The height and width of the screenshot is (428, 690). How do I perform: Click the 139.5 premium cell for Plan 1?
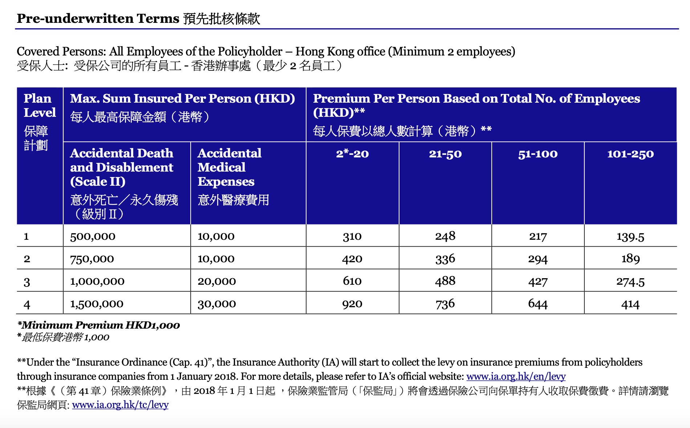(630, 236)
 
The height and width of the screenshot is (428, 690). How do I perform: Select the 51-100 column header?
(537, 154)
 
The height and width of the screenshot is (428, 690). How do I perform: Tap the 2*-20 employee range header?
(352, 154)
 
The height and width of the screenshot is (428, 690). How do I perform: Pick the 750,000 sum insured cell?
(92, 259)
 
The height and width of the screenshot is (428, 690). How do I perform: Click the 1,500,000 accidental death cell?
(97, 304)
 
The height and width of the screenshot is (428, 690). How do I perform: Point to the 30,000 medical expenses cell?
(217, 304)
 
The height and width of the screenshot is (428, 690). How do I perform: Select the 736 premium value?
(445, 304)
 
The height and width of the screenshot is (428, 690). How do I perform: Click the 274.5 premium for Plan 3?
(630, 281)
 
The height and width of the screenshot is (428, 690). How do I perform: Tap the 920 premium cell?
(352, 304)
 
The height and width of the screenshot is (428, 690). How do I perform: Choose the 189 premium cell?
(630, 259)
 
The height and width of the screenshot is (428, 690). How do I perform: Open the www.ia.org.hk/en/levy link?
(516, 376)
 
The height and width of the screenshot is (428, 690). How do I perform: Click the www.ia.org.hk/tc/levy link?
(120, 405)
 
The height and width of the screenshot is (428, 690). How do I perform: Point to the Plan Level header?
(39, 106)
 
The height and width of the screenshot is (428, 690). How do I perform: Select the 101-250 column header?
(630, 154)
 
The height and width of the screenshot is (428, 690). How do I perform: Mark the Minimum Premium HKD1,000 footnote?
(98, 325)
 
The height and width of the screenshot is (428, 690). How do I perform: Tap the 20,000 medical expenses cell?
(217, 281)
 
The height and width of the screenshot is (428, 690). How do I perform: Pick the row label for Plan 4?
(27, 304)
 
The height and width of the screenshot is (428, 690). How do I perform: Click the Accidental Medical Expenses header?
(229, 167)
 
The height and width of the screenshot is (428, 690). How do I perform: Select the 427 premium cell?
(537, 281)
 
